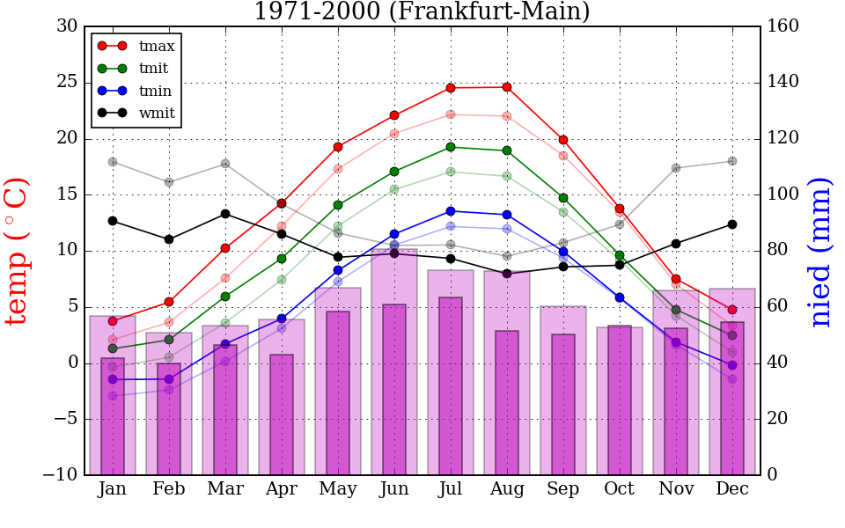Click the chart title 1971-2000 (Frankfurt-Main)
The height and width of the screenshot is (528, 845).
[x=422, y=11]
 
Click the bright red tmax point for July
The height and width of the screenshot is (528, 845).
[x=451, y=88]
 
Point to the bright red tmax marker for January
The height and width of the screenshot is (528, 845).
[x=113, y=321]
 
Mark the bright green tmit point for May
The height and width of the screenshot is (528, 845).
[x=338, y=205]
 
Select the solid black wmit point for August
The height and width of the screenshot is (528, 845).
[x=507, y=274]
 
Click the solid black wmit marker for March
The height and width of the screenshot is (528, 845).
[x=225, y=214]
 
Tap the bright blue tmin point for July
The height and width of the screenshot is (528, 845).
[x=451, y=211]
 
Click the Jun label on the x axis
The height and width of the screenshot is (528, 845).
[x=394, y=489]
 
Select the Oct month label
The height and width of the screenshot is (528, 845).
[x=620, y=489]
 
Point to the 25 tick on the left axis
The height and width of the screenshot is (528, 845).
[x=67, y=83]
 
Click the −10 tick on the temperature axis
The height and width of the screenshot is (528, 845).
[x=61, y=475]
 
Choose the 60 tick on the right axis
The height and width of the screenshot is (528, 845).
[x=779, y=307]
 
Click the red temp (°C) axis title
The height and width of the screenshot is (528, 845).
[x=18, y=251]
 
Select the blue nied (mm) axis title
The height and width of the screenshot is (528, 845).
[x=820, y=251]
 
